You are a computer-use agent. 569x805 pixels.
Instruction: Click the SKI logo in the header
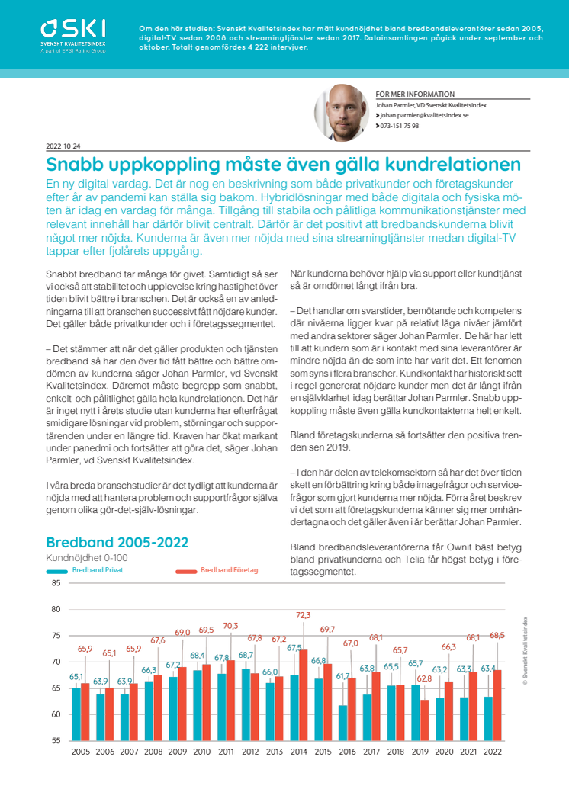point(73,36)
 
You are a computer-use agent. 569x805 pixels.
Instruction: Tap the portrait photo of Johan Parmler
point(342,112)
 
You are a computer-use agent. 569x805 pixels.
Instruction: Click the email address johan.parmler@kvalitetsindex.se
point(424,116)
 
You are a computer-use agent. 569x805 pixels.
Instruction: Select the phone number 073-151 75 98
point(400,126)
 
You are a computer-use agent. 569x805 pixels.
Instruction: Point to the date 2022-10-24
point(63,146)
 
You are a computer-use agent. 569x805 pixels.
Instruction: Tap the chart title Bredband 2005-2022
point(117,542)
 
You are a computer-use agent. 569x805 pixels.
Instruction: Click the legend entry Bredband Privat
point(98,570)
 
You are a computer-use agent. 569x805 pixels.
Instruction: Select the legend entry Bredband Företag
point(229,570)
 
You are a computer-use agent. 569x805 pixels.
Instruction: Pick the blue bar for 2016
point(343,723)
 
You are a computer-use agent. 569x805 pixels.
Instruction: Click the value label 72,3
point(304,615)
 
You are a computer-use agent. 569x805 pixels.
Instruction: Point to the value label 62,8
point(424,678)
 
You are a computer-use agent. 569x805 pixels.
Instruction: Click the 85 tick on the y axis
point(56,583)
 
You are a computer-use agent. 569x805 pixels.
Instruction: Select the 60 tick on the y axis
point(56,714)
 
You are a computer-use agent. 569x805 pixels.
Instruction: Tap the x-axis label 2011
point(226,752)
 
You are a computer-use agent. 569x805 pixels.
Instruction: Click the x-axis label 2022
point(493,752)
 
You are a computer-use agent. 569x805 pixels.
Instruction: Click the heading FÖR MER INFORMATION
point(415,95)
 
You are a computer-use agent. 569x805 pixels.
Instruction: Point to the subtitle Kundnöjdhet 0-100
point(87,558)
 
